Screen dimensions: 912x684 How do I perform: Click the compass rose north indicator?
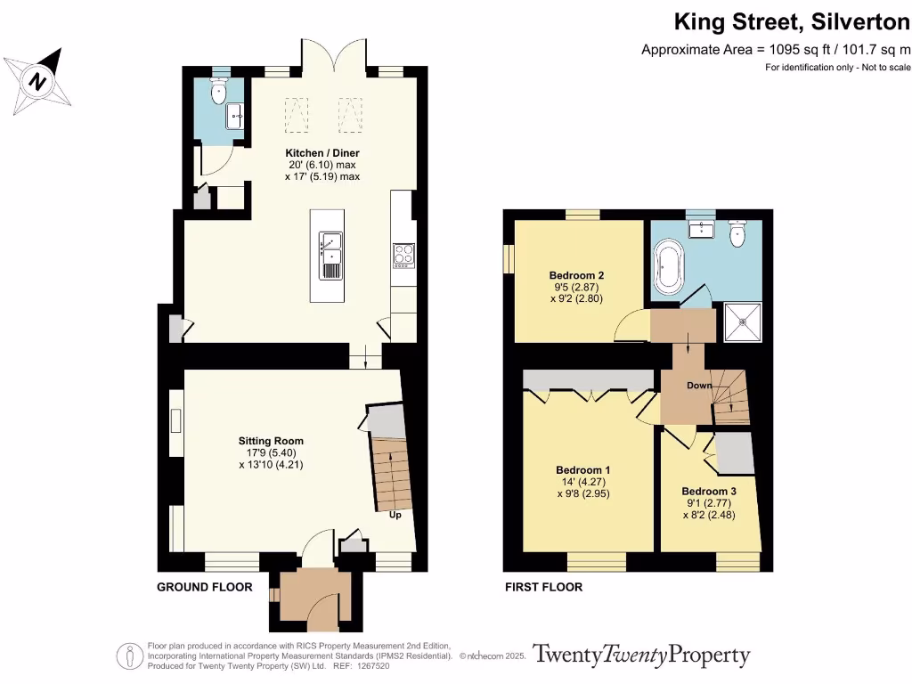37,80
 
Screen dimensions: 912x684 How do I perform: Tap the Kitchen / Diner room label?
322,153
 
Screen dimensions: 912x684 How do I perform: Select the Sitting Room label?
271,441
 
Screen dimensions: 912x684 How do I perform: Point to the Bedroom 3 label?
709,492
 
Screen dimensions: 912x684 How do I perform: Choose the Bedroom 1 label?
582,470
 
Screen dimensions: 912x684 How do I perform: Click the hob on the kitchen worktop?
403,256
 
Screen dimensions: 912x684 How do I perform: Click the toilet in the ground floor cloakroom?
219,91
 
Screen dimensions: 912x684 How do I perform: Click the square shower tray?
743,322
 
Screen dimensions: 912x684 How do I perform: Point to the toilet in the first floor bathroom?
737,232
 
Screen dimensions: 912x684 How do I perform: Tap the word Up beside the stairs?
395,515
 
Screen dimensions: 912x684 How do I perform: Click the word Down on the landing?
699,385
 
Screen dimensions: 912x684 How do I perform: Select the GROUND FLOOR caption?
205,588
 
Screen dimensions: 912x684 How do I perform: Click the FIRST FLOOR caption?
544,588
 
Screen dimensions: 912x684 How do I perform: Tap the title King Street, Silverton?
792,22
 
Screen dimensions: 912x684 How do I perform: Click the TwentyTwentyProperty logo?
641,655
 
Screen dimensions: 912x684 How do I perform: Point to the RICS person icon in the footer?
130,656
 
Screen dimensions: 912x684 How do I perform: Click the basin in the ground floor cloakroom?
235,117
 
